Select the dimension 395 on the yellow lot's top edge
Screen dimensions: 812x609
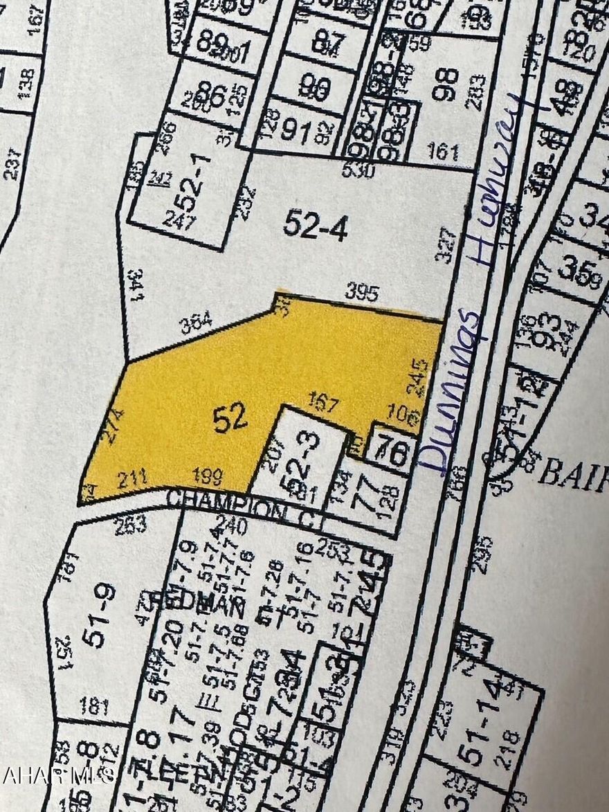(x=362, y=294)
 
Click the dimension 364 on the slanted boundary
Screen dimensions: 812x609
(x=197, y=323)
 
